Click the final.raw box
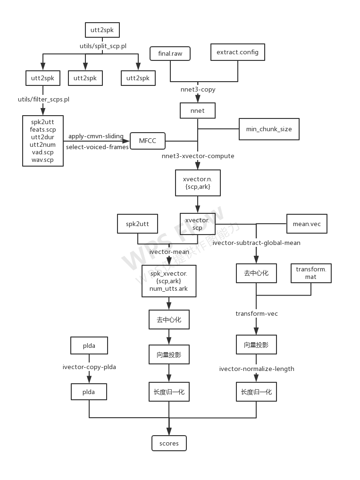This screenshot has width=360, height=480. coord(170,54)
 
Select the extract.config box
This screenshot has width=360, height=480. coord(237,52)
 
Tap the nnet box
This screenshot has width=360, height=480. coord(198,110)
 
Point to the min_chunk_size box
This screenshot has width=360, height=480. coord(269,128)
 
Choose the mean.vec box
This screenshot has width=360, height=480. coord(307,224)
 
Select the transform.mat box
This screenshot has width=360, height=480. coord(310,273)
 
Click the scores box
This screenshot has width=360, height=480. coord(169,443)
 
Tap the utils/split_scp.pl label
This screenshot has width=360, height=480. coord(103,46)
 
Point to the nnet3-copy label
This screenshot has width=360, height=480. coord(198,89)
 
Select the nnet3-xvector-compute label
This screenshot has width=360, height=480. coord(198,156)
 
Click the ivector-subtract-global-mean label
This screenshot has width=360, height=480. coord(257,243)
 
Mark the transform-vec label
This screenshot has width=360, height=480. coord(257,313)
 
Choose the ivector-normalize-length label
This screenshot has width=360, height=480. coord(257,369)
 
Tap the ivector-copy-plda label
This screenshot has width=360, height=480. coord(90,366)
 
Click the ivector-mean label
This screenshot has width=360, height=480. coord(169,252)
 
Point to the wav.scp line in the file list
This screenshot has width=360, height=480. coord(42,160)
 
